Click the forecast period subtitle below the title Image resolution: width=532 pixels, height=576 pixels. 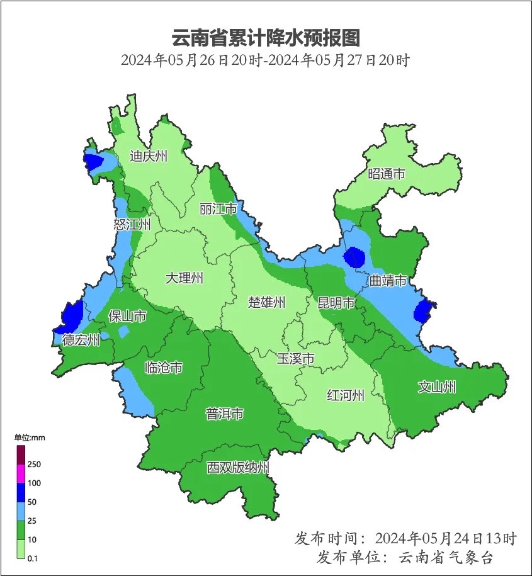[x=266, y=61]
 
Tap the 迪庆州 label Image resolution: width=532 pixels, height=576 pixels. [x=149, y=156]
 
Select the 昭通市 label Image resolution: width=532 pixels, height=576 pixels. [x=387, y=174]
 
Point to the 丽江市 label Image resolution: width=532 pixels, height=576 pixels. [x=218, y=208]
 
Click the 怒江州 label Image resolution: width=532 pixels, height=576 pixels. [x=133, y=225]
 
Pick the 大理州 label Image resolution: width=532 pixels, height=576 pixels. [x=184, y=278]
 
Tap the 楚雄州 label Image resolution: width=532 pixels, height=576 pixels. [x=266, y=302]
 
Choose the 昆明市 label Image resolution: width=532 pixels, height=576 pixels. [x=336, y=303]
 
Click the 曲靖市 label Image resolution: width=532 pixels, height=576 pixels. [x=388, y=281]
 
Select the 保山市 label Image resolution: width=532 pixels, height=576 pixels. [x=128, y=315]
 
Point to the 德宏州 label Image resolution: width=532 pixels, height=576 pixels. [x=81, y=341]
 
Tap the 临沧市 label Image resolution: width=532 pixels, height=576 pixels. [x=164, y=368]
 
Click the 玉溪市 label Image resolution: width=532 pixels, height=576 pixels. [x=296, y=359]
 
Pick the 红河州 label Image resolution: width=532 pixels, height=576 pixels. [x=346, y=395]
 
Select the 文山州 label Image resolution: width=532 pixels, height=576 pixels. [x=437, y=387]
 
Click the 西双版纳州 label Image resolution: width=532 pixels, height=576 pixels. [x=239, y=468]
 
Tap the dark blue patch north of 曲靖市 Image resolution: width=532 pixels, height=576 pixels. [x=354, y=258]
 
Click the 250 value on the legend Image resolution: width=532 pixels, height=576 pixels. [x=34, y=465]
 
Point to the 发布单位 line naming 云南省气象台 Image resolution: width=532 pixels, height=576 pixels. [x=405, y=557]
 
